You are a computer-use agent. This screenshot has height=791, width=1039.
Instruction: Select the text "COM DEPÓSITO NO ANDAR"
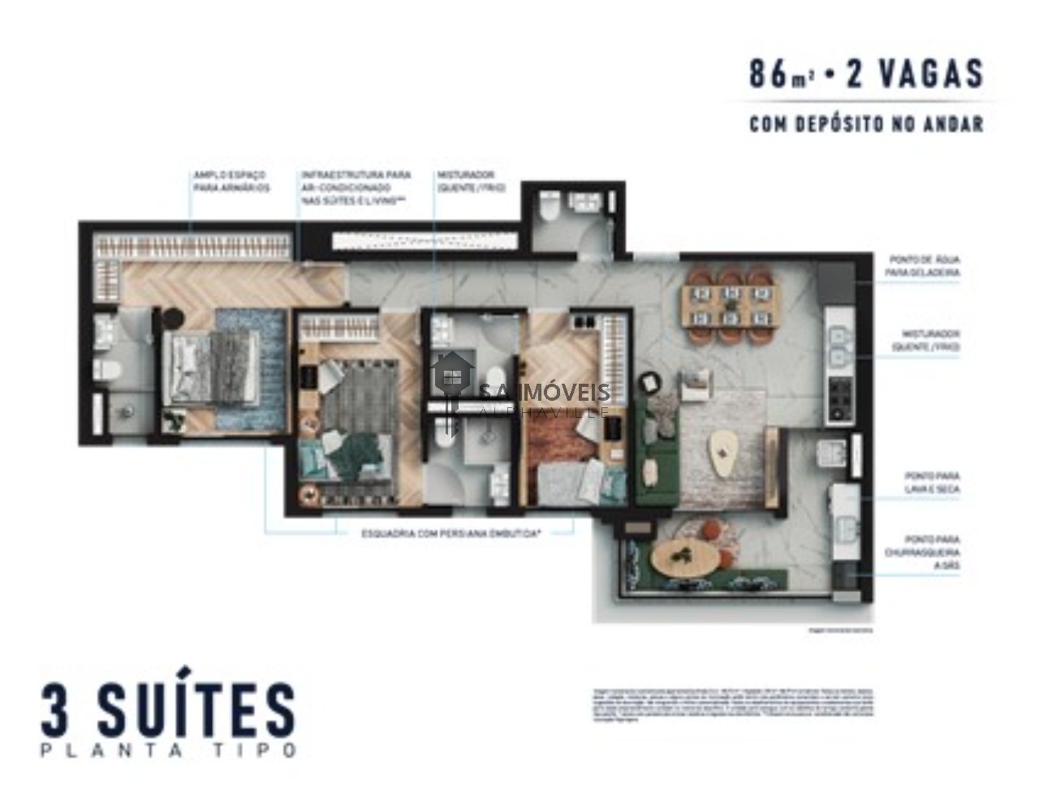pyautogui.click(x=865, y=124)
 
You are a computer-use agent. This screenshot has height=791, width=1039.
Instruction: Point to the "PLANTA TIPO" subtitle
pyautogui.click(x=169, y=751)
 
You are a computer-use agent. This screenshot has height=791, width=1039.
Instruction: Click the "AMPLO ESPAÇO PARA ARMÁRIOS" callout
pyautogui.click(x=231, y=181)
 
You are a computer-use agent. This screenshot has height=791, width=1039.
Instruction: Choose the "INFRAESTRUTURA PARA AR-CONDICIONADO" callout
pyautogui.click(x=356, y=187)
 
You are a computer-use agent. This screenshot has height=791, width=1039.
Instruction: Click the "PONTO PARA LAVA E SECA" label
pyautogui.click(x=932, y=483)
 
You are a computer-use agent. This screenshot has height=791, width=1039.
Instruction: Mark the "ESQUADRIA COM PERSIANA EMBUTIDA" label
pyautogui.click(x=451, y=534)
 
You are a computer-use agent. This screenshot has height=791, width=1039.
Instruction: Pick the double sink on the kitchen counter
pyautogui.click(x=836, y=345)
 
